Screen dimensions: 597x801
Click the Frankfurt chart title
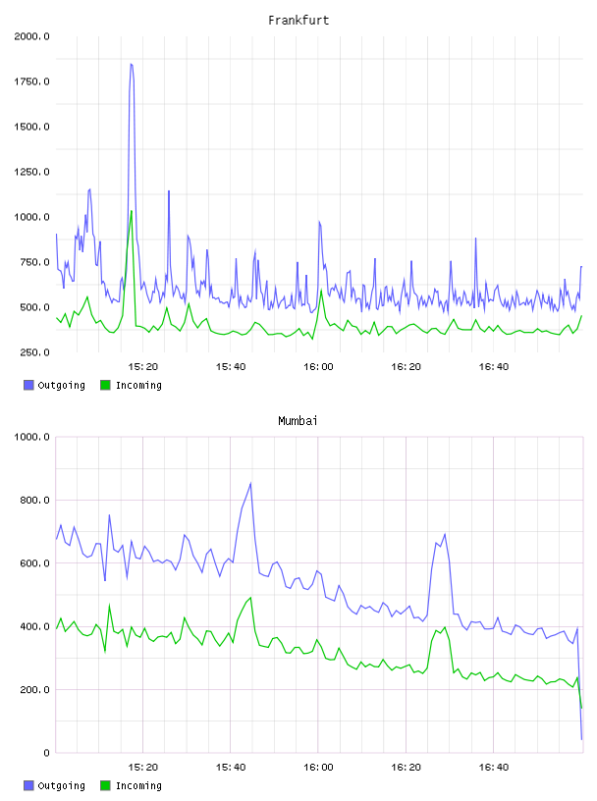coord(298,21)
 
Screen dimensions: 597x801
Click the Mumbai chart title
coord(298,421)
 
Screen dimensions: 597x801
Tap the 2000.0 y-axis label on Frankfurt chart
coord(31,36)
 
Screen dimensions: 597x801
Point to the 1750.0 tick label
coord(31,81)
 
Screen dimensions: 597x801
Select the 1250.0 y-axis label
coord(31,172)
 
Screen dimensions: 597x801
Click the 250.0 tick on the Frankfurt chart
coord(34,352)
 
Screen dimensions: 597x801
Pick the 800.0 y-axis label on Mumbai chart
coord(34,500)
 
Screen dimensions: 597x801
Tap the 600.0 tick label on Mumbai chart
coord(34,563)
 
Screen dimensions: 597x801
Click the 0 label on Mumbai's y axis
coord(46,753)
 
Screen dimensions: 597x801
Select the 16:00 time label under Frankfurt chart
coord(318,367)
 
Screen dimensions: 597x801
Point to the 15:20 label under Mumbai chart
coord(143,768)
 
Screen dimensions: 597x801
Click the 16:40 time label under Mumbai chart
coord(494,768)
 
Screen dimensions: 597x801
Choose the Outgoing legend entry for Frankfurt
coord(54,385)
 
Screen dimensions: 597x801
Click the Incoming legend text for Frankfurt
coord(138,385)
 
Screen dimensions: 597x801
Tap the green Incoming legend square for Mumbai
coord(105,785)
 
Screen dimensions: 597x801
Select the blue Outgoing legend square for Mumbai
coord(28,785)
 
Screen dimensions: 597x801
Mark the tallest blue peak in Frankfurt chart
coord(132,65)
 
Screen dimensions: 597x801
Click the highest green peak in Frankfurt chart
coord(132,211)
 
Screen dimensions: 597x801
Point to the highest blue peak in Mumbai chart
coord(250,483)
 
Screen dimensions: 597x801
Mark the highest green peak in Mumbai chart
coord(250,598)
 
